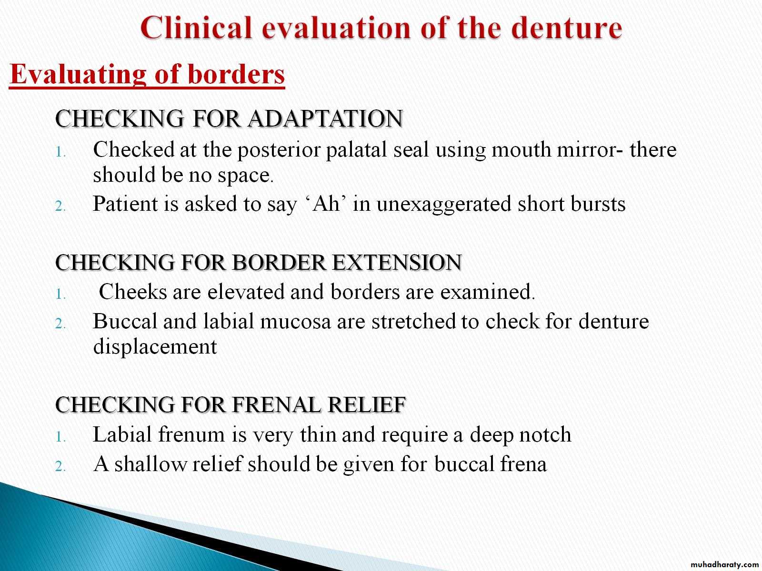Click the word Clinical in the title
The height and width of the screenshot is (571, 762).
pyautogui.click(x=197, y=28)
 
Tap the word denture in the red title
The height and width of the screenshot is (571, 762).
pyautogui.click(x=567, y=28)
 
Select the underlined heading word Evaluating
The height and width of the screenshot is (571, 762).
pyautogui.click(x=78, y=75)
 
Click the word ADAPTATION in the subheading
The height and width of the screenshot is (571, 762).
pyautogui.click(x=325, y=118)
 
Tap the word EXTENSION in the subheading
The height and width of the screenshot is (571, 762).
pyautogui.click(x=397, y=262)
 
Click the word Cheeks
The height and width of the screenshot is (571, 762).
pyautogui.click(x=132, y=291)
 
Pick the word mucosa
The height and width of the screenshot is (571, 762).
pyautogui.click(x=295, y=321)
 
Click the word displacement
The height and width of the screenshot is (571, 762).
pyautogui.click(x=155, y=346)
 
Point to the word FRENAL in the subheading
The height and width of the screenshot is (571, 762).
pyautogui.click(x=276, y=404)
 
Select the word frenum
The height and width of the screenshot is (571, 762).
pyautogui.click(x=191, y=434)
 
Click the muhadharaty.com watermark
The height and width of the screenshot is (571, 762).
pyautogui.click(x=724, y=565)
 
